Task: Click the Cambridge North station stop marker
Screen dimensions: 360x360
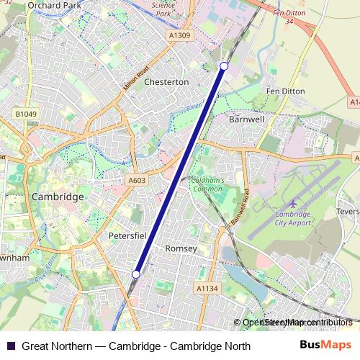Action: [224, 66]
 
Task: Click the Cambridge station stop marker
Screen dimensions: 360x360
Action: [135, 274]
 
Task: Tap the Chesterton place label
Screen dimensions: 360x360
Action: [166, 82]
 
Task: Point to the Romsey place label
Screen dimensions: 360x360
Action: [181, 248]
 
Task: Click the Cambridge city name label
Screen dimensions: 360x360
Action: [58, 196]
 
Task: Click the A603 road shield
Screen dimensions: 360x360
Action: [137, 181]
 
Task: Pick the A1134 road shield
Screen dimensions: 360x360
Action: [207, 288]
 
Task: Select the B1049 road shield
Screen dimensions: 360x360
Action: [25, 114]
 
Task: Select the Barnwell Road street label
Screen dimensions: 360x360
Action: [240, 209]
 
